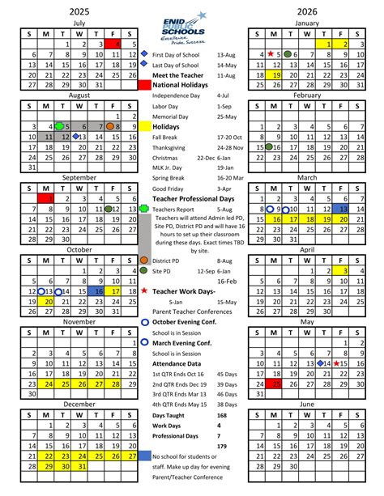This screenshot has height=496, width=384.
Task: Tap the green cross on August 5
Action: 59,126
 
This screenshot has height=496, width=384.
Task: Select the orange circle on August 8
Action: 117,126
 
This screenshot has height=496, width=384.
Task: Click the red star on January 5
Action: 271,54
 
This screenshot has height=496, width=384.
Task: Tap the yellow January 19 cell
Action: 276,74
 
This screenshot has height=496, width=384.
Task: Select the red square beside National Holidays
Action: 144,84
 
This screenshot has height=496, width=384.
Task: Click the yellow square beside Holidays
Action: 144,126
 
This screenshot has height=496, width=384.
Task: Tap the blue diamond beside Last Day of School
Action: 144,65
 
